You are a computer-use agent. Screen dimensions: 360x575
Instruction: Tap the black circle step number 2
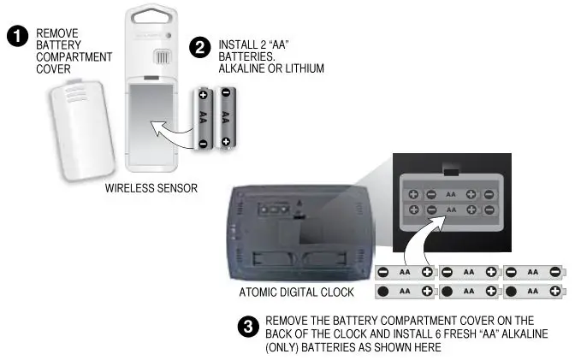(199, 48)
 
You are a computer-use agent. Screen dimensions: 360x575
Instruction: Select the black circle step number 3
(250, 327)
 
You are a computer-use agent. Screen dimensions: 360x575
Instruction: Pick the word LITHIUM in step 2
(301, 68)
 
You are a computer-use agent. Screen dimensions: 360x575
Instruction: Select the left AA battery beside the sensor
(203, 117)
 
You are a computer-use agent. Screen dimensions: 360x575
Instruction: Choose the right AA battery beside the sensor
(225, 117)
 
